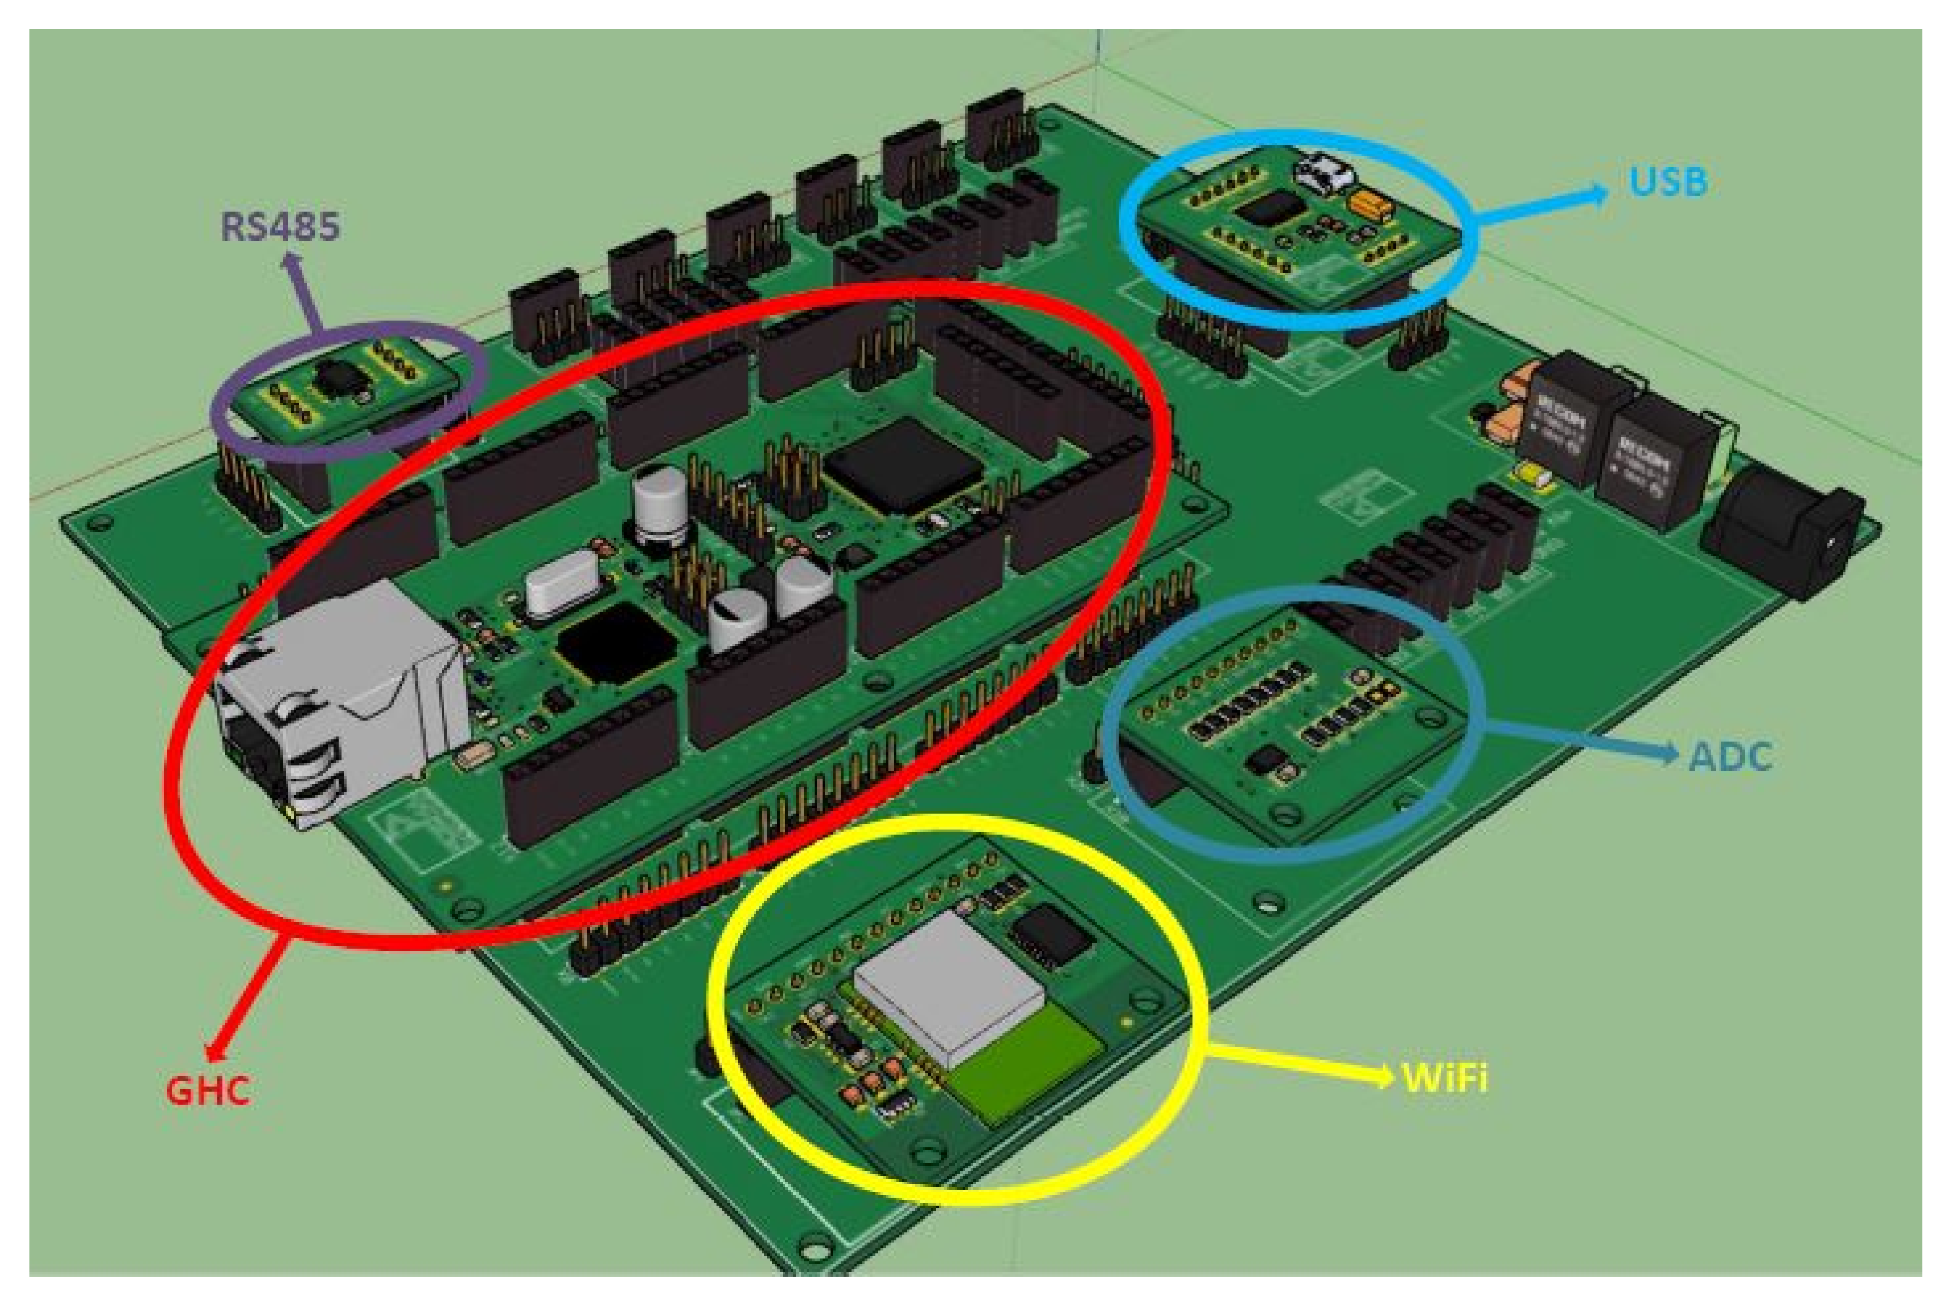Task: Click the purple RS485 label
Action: pos(280,226)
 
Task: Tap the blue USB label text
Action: pos(1667,182)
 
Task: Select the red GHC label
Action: pos(207,1091)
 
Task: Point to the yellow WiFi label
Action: pos(1444,1078)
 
